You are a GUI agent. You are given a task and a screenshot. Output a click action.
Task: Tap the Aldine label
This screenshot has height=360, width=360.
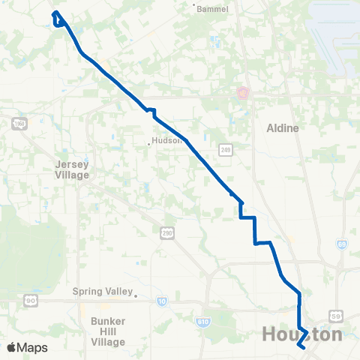point(283,128)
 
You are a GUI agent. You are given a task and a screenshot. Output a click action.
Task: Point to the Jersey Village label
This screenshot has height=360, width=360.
point(72,169)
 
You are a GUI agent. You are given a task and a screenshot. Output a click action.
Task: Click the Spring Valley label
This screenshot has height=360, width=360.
point(102,292)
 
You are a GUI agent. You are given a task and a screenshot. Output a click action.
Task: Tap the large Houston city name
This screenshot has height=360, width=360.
point(302,334)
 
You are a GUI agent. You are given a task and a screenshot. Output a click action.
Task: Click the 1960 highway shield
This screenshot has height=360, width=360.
point(19,124)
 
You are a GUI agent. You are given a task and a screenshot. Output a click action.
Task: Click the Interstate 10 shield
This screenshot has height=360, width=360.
point(162,301)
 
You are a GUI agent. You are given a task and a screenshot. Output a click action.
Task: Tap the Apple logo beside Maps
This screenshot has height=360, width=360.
point(10,347)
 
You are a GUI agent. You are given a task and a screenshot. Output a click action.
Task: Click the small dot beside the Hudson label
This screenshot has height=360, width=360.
point(148,140)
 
